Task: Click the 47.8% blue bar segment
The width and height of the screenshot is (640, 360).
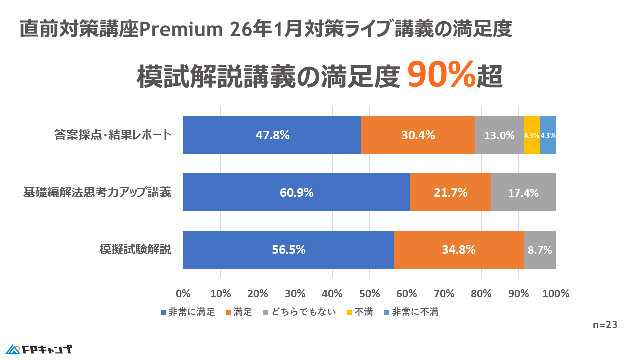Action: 272,135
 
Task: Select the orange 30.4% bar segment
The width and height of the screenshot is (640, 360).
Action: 418,135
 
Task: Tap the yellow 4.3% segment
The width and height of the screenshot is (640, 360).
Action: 531,135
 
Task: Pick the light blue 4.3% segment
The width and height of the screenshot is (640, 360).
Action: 548,135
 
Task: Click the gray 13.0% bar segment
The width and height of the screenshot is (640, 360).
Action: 499,135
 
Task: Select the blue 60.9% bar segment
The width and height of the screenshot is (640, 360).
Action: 297,192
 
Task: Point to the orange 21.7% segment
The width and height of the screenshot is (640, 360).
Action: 451,192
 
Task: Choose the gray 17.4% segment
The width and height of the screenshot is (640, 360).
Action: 523,192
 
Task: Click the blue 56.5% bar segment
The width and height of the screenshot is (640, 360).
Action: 288,250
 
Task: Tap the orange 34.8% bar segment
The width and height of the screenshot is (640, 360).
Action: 459,250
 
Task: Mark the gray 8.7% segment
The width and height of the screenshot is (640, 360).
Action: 540,250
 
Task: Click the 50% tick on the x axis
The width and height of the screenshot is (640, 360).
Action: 369,293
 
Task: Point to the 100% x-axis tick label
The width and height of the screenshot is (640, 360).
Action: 555,293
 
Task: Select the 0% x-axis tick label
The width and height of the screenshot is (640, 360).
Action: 183,293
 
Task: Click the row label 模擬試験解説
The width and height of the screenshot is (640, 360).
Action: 136,250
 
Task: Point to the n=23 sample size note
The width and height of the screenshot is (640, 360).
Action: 605,325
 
